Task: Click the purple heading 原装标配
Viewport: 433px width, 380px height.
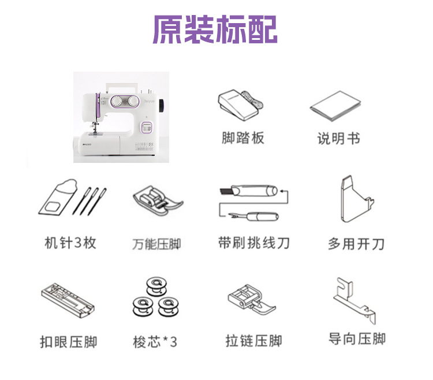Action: [215, 29]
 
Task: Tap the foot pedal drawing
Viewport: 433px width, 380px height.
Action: [240, 105]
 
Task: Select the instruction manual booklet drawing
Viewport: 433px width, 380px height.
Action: [335, 106]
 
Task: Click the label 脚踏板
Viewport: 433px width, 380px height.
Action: [243, 138]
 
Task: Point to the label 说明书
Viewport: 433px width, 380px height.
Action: [338, 139]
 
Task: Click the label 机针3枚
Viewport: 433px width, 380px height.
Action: [70, 243]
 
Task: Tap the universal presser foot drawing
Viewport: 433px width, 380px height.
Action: [158, 200]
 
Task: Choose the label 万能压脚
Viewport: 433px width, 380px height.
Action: [156, 244]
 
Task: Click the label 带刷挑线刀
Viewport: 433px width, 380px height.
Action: [254, 243]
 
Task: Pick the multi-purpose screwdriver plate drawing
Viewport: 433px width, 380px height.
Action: [357, 199]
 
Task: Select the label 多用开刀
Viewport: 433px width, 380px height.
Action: [356, 244]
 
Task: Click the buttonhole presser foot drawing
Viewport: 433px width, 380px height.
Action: [68, 300]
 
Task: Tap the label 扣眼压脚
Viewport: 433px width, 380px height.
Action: [69, 342]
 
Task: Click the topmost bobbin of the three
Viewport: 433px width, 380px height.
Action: [156, 286]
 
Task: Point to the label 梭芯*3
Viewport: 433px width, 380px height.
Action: [155, 342]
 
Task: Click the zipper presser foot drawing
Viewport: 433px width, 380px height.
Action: [252, 300]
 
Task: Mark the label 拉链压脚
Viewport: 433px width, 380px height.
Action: [254, 341]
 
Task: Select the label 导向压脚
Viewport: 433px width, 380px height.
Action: [357, 339]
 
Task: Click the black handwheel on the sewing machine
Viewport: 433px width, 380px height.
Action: [161, 106]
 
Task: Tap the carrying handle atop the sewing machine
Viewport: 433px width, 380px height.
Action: [122, 86]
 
